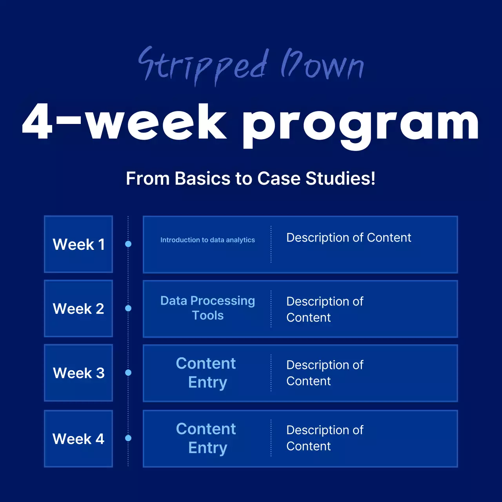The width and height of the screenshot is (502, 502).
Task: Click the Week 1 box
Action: click(78, 244)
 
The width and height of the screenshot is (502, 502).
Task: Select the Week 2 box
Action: click(78, 308)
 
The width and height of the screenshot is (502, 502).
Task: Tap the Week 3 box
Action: click(78, 373)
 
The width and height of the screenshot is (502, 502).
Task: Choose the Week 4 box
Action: click(78, 439)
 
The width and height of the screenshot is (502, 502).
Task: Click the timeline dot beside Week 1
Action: click(128, 244)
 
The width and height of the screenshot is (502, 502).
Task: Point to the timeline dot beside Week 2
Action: click(128, 308)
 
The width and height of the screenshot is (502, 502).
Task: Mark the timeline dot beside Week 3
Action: click(128, 373)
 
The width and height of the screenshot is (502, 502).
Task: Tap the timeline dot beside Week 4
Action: click(128, 438)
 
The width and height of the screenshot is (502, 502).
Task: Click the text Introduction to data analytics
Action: click(207, 240)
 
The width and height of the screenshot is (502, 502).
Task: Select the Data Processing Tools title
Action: click(207, 308)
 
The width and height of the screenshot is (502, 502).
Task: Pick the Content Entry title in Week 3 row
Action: click(206, 373)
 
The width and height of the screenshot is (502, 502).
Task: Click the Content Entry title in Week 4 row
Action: click(206, 438)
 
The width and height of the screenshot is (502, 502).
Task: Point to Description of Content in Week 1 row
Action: click(349, 238)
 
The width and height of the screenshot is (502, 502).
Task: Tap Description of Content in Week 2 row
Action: click(325, 309)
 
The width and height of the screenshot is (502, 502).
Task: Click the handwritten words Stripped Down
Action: click(251, 66)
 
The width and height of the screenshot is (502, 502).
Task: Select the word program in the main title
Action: click(360, 125)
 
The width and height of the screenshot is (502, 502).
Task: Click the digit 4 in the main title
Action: click(37, 121)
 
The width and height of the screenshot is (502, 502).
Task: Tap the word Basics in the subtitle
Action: click(202, 178)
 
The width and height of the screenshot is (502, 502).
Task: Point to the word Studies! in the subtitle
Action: click(340, 178)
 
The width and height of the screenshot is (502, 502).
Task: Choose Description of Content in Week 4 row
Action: click(325, 438)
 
